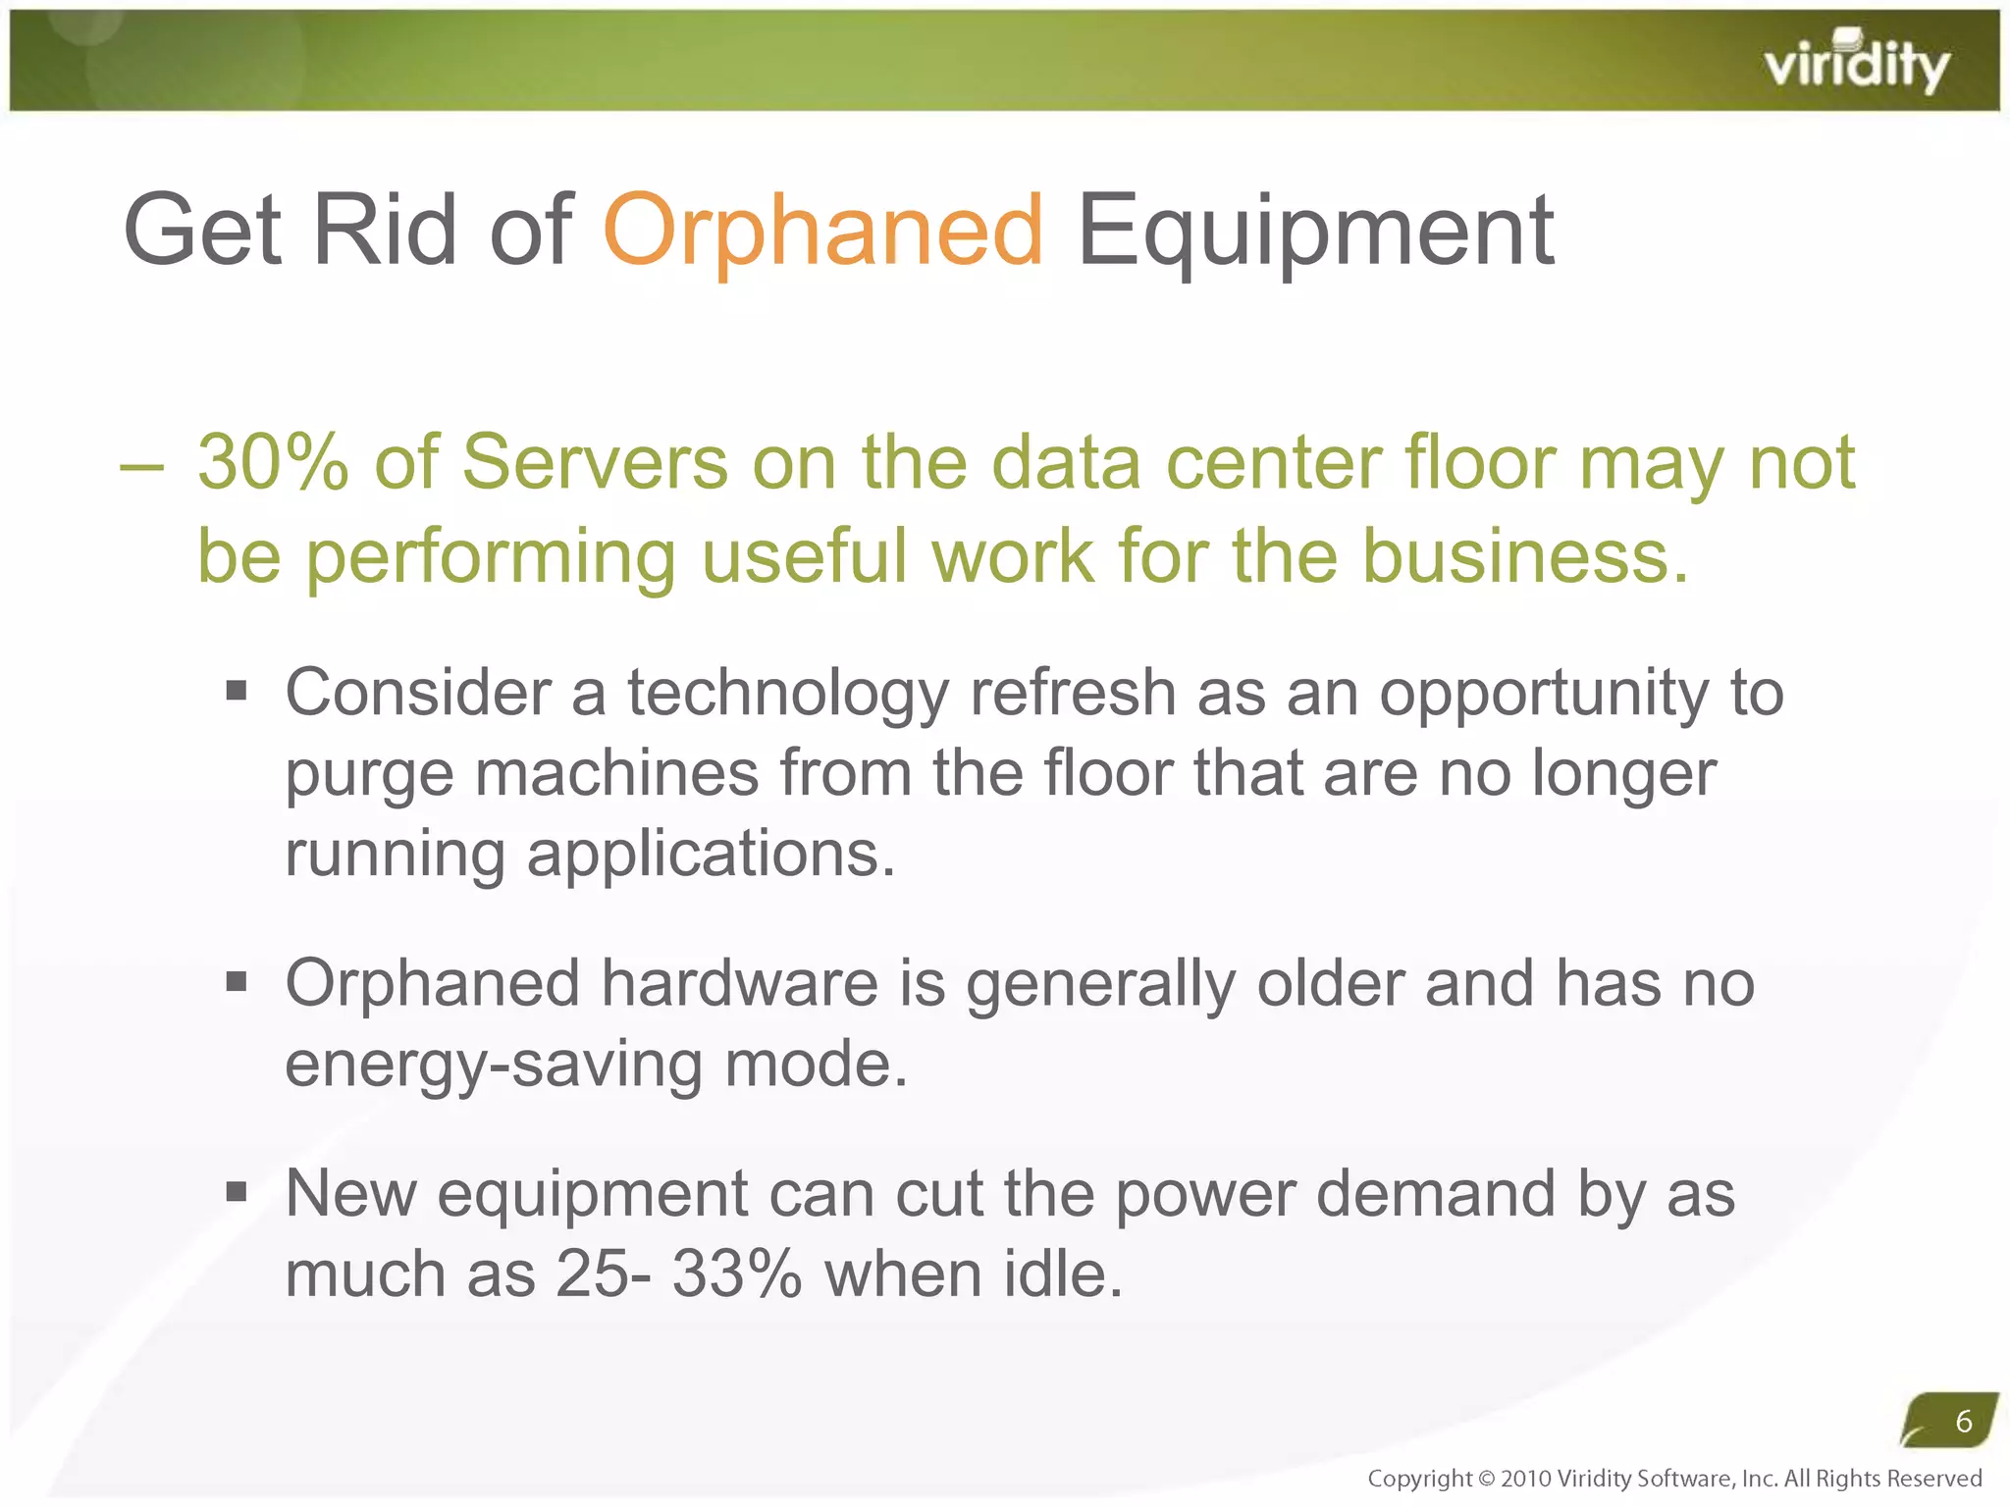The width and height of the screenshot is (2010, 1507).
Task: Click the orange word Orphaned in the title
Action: click(822, 232)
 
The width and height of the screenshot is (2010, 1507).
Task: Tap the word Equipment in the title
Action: click(1315, 232)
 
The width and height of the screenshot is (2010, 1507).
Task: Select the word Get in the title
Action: click(202, 232)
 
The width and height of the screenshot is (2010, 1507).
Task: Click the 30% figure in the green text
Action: click(273, 463)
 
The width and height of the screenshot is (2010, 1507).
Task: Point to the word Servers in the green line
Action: click(595, 463)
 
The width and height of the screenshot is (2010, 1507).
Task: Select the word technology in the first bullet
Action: click(788, 694)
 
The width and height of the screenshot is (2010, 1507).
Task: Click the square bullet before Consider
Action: click(236, 692)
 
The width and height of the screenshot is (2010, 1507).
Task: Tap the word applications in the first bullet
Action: click(711, 855)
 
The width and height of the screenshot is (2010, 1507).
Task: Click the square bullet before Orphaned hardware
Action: click(236, 981)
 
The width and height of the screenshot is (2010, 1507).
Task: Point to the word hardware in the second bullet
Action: click(739, 984)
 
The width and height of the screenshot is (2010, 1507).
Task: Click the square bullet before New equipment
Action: click(236, 1192)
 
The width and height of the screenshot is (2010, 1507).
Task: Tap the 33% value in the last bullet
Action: click(737, 1275)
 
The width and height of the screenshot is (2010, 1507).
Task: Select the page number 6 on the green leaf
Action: click(1963, 1421)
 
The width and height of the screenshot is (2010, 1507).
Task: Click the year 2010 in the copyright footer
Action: click(1525, 1479)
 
